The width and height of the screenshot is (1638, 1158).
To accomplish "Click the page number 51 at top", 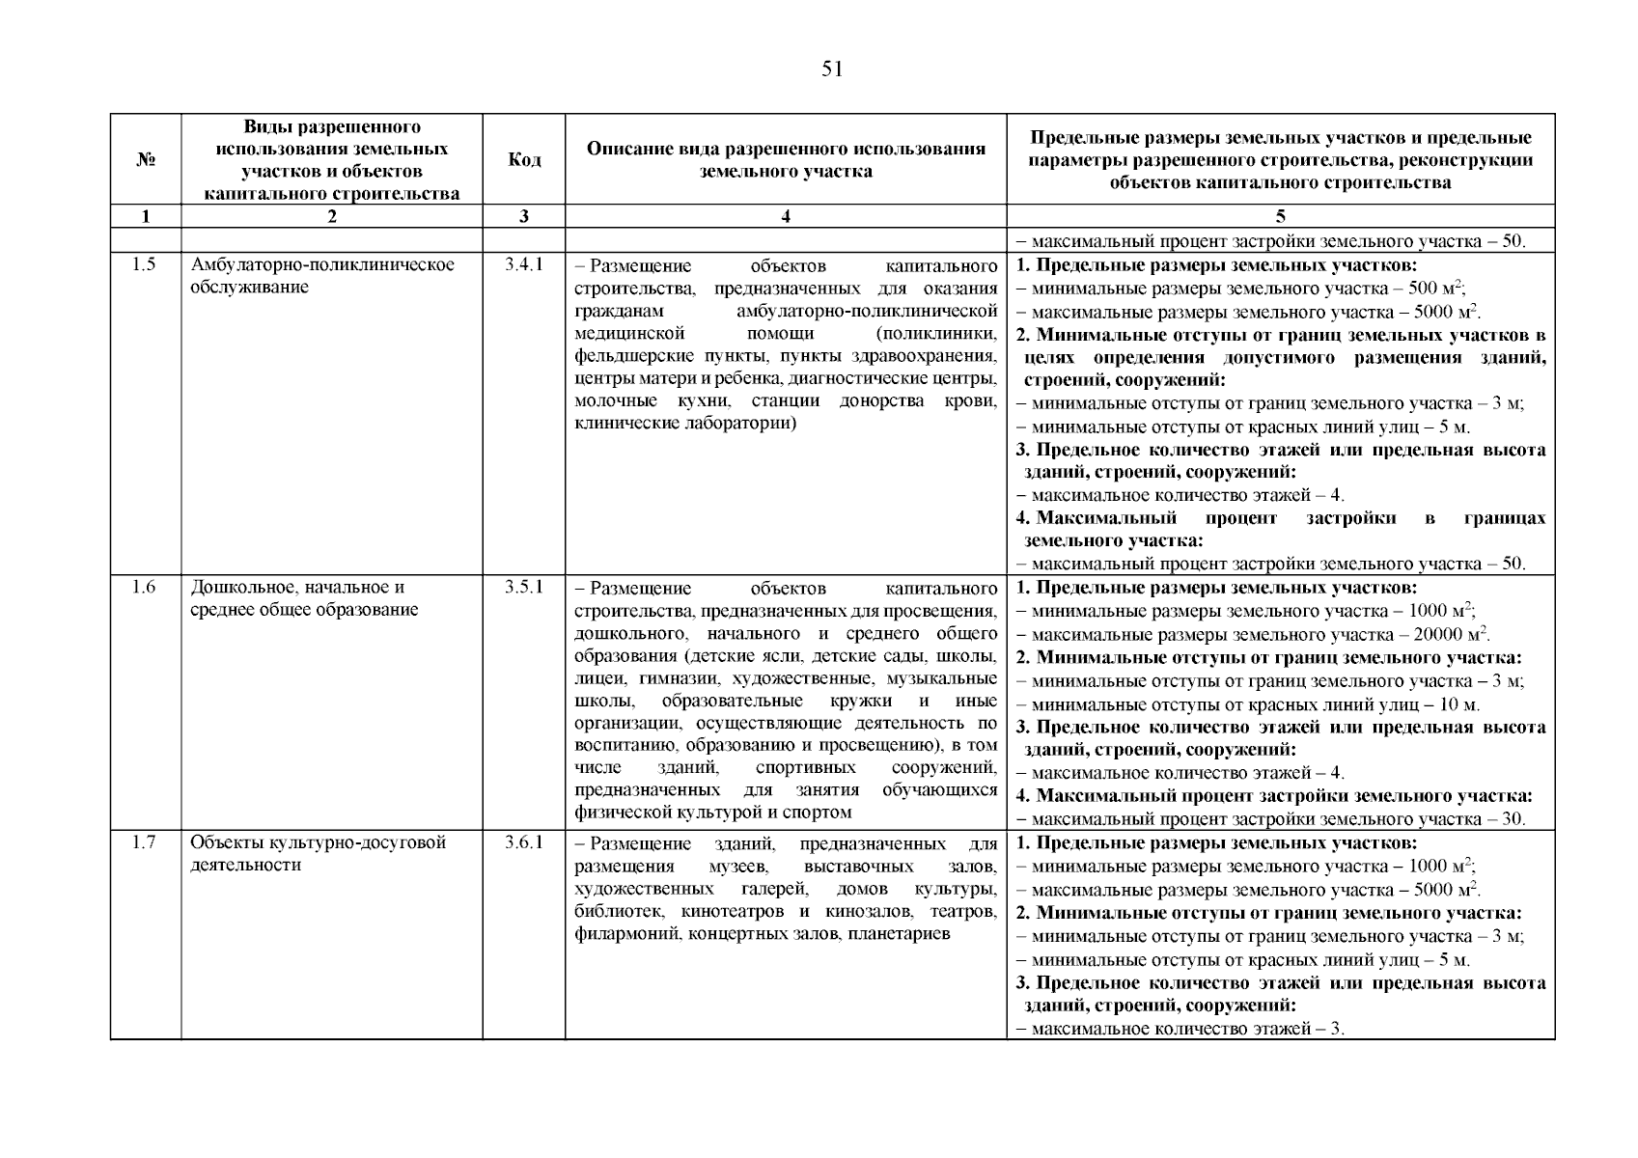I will tap(832, 69).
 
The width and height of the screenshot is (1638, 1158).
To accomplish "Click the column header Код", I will tap(524, 159).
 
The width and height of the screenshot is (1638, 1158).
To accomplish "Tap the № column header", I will tap(146, 159).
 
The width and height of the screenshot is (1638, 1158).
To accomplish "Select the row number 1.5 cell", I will tap(145, 264).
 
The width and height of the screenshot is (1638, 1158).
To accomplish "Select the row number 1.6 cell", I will tap(145, 587).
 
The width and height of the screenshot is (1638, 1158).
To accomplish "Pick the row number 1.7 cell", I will tap(145, 842).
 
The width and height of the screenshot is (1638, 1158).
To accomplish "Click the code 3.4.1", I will tap(524, 264).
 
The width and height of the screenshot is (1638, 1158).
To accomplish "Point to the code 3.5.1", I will tap(524, 587).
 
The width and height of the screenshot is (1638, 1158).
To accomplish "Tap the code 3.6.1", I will tap(524, 842).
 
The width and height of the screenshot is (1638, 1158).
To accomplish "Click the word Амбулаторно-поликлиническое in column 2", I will tap(322, 264).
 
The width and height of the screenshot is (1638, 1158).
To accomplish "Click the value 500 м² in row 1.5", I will tap(1438, 288).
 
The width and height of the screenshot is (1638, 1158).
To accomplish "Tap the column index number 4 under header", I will tap(786, 217).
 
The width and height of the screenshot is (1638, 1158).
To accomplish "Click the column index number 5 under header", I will tap(1280, 217).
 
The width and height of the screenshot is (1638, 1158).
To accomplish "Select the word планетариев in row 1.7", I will tap(899, 934).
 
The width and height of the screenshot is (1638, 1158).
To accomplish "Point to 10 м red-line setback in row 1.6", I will tap(1459, 704).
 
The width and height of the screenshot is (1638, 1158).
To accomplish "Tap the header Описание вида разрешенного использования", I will tap(786, 149).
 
